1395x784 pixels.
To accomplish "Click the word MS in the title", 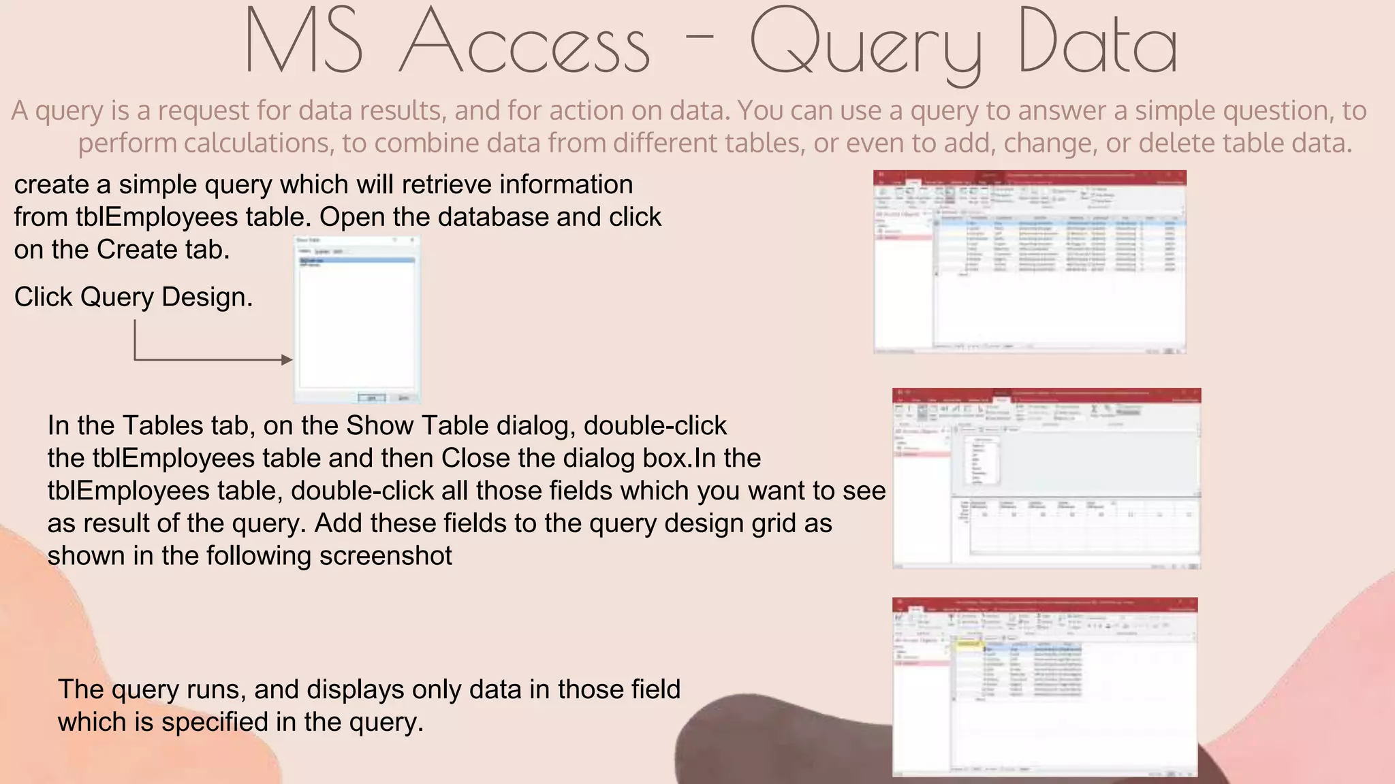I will (x=304, y=42).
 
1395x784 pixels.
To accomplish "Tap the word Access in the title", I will (x=524, y=42).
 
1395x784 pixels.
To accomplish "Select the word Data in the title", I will (x=1098, y=42).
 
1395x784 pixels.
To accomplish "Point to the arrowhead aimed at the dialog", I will (x=287, y=359).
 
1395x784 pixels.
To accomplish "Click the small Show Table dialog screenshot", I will (x=357, y=319).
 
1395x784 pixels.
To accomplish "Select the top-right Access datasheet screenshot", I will (x=1030, y=262).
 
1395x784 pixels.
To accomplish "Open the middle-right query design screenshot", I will (x=1046, y=478).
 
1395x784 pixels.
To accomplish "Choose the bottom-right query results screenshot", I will (x=1045, y=687).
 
